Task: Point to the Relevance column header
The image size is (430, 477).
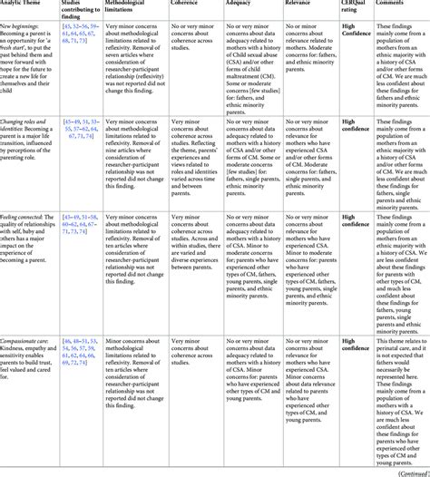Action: (x=300, y=7)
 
